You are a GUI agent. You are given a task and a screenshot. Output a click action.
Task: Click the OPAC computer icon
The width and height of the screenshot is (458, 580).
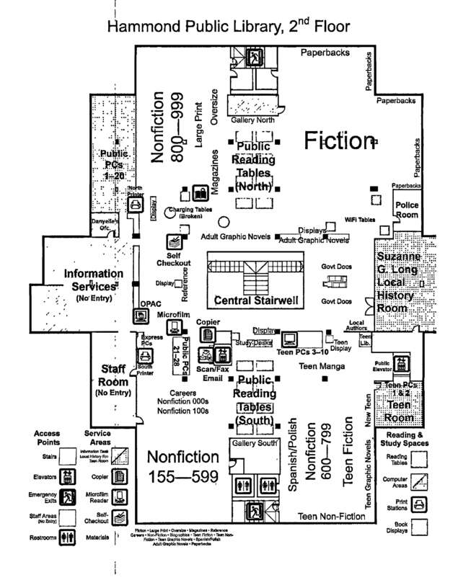(140, 316)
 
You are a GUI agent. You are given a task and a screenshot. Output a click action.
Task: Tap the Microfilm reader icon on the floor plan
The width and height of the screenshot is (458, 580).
(173, 327)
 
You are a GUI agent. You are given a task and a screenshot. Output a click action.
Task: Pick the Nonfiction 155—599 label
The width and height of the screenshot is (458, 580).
(182, 467)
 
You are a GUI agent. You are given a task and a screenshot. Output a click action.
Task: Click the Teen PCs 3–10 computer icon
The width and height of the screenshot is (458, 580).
(290, 339)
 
